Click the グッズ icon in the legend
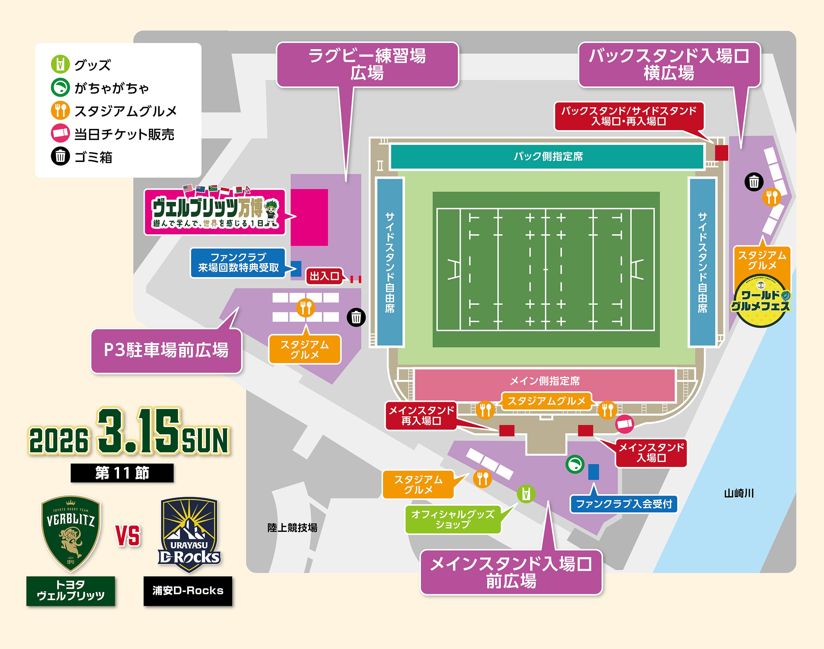[60, 64]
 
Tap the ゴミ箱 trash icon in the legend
[60, 156]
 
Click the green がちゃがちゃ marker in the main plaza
[575, 464]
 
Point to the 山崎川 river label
[738, 493]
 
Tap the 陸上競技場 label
[292, 527]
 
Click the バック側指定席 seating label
[548, 156]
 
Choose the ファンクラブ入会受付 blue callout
[624, 504]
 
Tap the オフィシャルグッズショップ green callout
[453, 519]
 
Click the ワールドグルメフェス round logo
[760, 301]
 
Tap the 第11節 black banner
[122, 473]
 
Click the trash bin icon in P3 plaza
[356, 317]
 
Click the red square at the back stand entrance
[721, 153]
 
